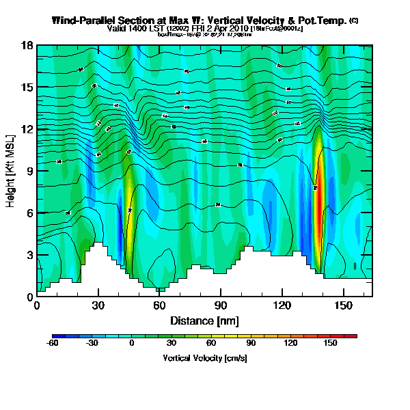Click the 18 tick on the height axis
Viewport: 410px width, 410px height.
[27, 46]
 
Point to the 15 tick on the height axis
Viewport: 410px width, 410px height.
[27, 87]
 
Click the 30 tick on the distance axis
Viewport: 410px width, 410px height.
[98, 306]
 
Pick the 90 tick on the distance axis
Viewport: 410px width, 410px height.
[221, 306]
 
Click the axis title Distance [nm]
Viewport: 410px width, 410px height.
[204, 320]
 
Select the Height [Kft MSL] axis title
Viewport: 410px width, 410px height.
[12, 171]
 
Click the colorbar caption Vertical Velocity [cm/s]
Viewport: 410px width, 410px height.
[204, 358]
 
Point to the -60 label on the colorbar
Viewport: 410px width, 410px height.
[53, 344]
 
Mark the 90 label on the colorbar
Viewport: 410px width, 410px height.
[251, 344]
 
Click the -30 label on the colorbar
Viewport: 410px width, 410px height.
[92, 344]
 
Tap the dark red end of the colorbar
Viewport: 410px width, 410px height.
[353, 337]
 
